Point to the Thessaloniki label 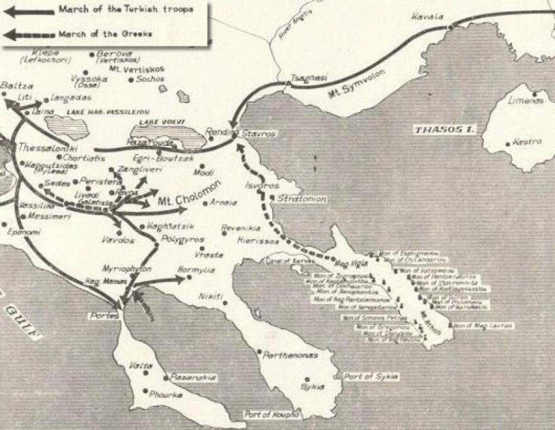[42, 147]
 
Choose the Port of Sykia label [371, 376]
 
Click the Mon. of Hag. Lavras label [484, 325]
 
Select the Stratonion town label [301, 198]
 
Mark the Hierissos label [255, 241]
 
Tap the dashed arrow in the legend [28, 34]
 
